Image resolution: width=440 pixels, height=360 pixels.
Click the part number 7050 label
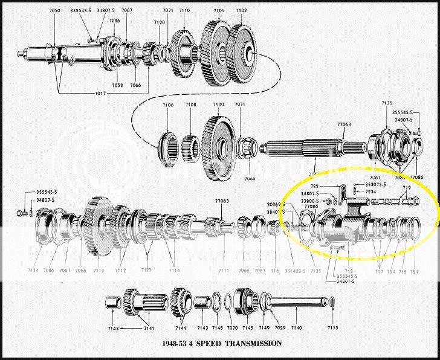tap(56, 11)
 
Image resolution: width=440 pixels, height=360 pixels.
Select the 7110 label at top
tap(184, 11)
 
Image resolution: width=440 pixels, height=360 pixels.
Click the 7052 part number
tap(117, 86)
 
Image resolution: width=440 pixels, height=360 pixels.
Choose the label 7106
tap(167, 105)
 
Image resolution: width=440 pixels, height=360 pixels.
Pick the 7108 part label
tap(191, 105)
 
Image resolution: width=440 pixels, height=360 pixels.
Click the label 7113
tap(99, 270)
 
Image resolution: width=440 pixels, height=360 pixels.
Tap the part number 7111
tap(224, 270)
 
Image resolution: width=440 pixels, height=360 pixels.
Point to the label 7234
tap(371, 191)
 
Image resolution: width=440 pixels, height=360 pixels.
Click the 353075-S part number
tap(378, 184)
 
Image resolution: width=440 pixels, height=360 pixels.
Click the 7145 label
tap(247, 328)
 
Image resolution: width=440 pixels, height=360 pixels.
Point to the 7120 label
tap(159, 22)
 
